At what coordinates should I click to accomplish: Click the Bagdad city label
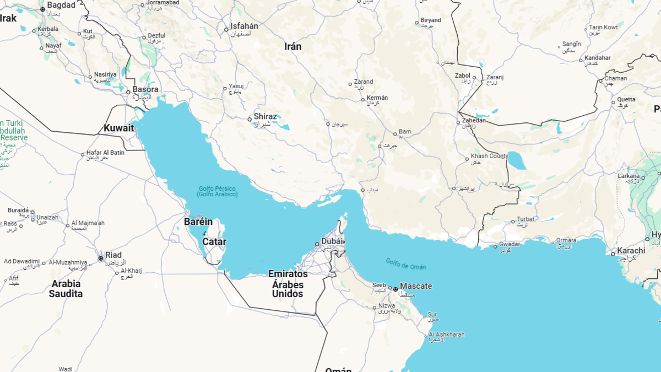(x=61, y=5)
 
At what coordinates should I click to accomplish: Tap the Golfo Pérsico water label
(x=217, y=191)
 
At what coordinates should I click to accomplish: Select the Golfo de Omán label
(x=406, y=264)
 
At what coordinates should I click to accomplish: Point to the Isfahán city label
(x=244, y=26)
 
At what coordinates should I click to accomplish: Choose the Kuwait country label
(x=118, y=128)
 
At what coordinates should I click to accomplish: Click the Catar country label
(x=214, y=241)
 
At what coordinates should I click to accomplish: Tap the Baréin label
(x=198, y=222)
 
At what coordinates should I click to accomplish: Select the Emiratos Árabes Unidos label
(x=288, y=283)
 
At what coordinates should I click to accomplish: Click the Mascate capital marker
(x=395, y=289)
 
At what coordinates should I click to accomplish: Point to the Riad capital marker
(x=101, y=258)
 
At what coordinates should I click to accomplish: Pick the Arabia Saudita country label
(x=66, y=289)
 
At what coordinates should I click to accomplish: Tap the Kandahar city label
(x=597, y=58)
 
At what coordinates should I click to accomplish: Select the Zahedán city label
(x=474, y=120)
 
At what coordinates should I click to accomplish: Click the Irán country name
(x=292, y=46)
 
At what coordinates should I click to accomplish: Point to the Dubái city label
(x=333, y=241)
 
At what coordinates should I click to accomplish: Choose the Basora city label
(x=145, y=89)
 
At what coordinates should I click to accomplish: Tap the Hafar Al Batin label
(x=106, y=153)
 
